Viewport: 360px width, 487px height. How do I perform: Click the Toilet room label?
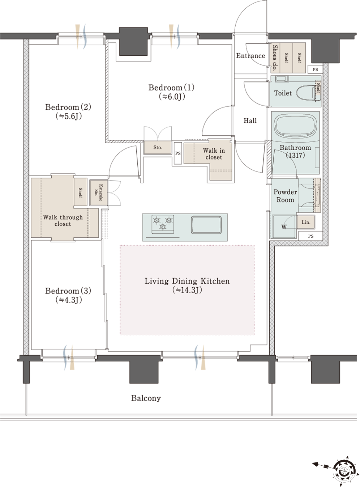tap(283, 93)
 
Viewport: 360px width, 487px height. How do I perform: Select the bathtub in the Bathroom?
tap(295, 127)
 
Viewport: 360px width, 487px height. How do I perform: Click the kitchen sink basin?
tap(206, 225)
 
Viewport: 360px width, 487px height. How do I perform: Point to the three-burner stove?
tap(163, 224)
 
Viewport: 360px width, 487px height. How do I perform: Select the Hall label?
tap(250, 120)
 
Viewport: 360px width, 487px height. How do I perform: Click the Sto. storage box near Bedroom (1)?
tap(158, 148)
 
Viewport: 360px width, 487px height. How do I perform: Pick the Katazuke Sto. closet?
tap(99, 193)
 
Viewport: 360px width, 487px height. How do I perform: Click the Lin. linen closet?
tap(306, 222)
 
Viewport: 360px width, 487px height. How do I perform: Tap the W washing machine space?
tap(284, 226)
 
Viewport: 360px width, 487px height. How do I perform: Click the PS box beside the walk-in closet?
tap(178, 153)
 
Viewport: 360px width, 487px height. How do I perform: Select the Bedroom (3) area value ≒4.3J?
tap(69, 300)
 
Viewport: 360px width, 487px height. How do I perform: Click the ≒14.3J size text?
tap(187, 290)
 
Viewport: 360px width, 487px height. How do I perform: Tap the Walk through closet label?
tap(63, 220)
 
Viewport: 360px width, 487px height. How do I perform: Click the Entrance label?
tap(250, 56)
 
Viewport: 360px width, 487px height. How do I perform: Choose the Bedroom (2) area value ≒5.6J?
tap(69, 116)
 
